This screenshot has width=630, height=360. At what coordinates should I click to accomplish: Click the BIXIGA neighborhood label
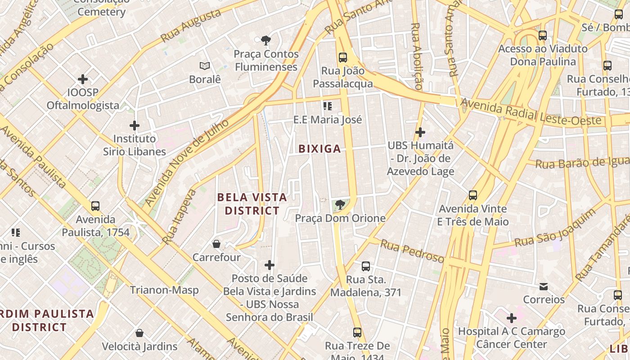tap(319, 149)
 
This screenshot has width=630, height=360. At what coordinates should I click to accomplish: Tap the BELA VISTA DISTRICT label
tap(252, 204)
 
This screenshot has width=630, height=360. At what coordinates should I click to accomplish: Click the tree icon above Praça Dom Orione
tap(340, 205)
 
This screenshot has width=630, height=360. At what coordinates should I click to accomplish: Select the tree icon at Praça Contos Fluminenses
tap(266, 40)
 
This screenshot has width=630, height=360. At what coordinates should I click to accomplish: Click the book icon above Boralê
tap(205, 66)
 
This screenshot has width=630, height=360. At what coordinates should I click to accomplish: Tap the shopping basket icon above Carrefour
tap(216, 244)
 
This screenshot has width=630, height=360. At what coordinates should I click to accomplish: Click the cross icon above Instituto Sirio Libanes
tap(134, 126)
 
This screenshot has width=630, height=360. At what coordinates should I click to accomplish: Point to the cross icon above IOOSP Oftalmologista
tap(83, 79)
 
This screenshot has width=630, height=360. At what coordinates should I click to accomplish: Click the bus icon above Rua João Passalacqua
tap(343, 57)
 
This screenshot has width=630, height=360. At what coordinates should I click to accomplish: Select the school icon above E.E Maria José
tap(328, 106)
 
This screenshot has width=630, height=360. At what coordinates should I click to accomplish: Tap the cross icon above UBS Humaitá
tap(420, 132)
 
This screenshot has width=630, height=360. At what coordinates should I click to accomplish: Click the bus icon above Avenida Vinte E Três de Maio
tap(472, 195)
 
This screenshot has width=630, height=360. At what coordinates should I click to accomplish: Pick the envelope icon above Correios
tap(544, 287)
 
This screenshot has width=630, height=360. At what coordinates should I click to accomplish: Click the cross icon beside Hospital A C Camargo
tap(512, 318)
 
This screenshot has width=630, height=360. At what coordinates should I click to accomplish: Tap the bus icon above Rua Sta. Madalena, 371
tap(366, 266)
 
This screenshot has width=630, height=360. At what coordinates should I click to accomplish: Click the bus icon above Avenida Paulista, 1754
tap(95, 206)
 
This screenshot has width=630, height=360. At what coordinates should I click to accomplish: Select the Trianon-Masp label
tap(164, 290)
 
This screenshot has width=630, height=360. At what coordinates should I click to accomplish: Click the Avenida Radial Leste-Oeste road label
tap(531, 113)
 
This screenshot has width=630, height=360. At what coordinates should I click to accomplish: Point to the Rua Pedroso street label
tap(412, 252)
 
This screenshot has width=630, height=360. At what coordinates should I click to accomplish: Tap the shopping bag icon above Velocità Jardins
tap(139, 333)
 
